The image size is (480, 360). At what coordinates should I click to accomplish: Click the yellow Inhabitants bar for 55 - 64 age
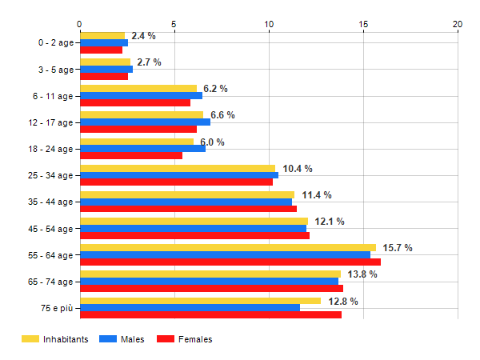[x=228, y=248]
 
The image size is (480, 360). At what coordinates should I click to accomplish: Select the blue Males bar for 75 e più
[x=190, y=308]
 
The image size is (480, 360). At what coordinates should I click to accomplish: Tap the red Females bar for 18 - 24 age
[x=131, y=155]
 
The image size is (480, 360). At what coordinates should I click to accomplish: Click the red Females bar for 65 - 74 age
[x=211, y=289]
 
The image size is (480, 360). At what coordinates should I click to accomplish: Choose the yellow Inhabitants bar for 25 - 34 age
[x=178, y=168]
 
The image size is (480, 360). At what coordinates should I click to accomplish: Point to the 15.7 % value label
[x=398, y=248]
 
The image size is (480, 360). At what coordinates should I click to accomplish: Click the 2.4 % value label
[x=143, y=36]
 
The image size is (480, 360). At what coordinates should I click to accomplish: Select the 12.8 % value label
[x=343, y=302]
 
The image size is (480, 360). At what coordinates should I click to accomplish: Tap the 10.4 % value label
[x=298, y=169]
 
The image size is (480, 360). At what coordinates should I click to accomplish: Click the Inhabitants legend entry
[x=56, y=339]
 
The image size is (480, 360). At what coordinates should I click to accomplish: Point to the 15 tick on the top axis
[x=363, y=24]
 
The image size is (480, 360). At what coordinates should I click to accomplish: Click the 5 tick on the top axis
[x=174, y=24]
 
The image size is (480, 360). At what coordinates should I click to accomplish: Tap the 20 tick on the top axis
[x=458, y=24]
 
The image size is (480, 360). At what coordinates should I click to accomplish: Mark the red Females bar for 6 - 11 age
[x=135, y=102]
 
